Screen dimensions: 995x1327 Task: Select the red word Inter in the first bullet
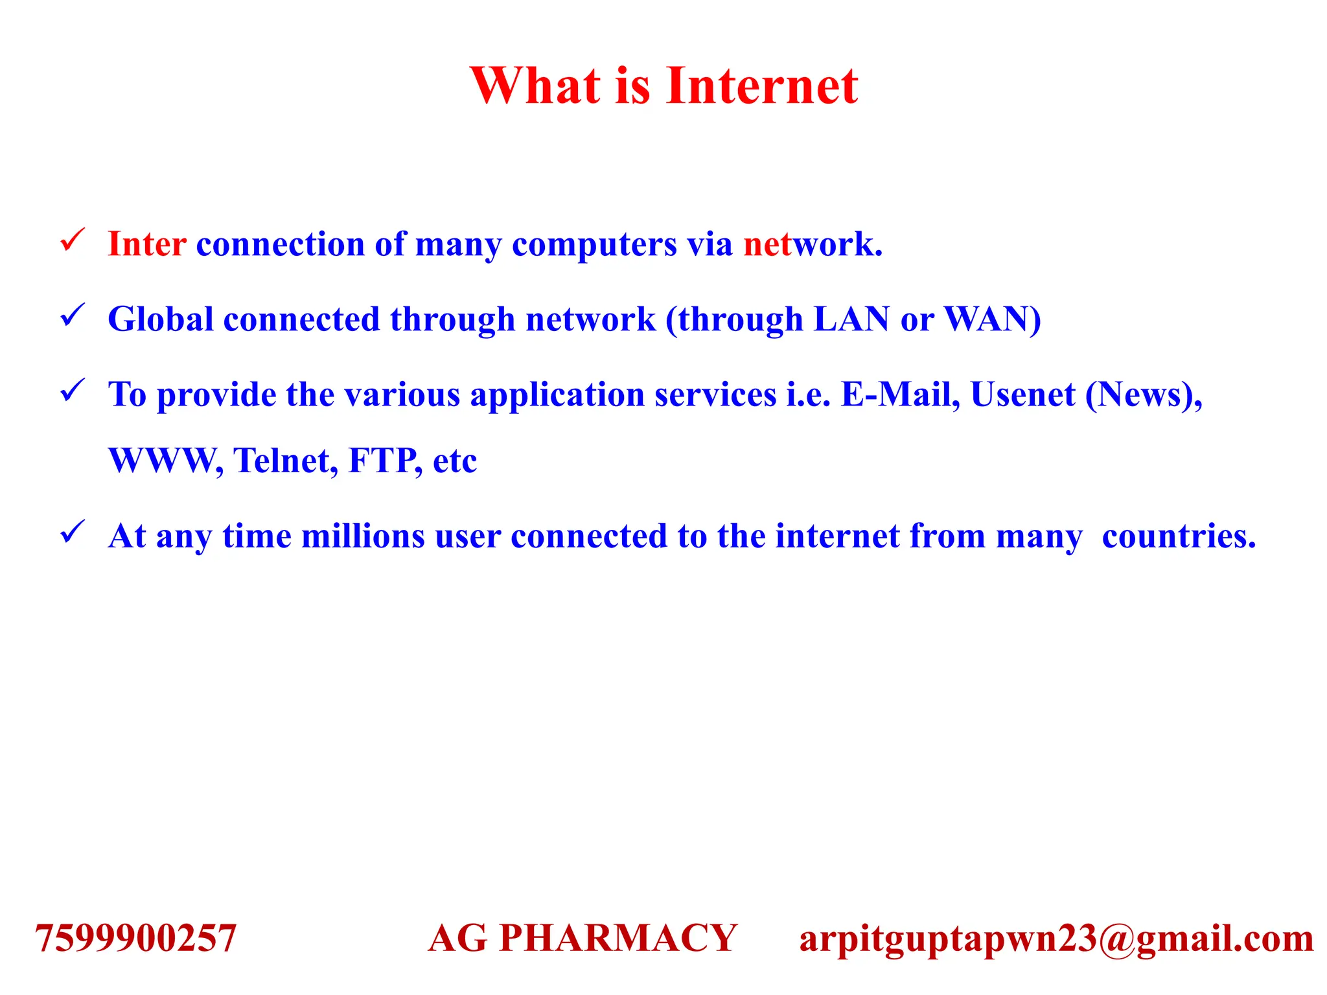pyautogui.click(x=147, y=245)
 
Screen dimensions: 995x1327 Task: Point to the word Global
pyautogui.click(x=160, y=319)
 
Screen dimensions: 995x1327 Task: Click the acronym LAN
pyautogui.click(x=851, y=319)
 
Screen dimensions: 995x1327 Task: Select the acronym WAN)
pyautogui.click(x=992, y=319)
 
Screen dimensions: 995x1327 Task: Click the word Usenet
pyautogui.click(x=1022, y=395)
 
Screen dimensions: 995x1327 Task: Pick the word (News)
pyautogui.click(x=1143, y=395)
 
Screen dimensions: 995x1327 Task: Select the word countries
pyautogui.click(x=1179, y=536)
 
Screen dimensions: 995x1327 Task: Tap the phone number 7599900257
pyautogui.click(x=135, y=938)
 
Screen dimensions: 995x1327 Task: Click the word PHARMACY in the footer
pyautogui.click(x=618, y=938)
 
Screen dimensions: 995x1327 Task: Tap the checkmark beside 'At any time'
pyautogui.click(x=72, y=532)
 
